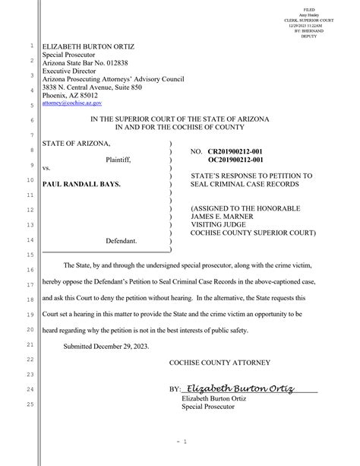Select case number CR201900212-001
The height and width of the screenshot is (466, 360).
click(235, 152)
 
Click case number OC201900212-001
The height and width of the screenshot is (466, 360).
click(235, 160)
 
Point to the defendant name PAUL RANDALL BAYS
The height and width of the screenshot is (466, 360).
click(81, 184)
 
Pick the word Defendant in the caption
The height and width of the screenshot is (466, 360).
click(121, 240)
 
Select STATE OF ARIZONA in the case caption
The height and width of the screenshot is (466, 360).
click(76, 144)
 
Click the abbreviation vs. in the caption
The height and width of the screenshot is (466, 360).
click(46, 168)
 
